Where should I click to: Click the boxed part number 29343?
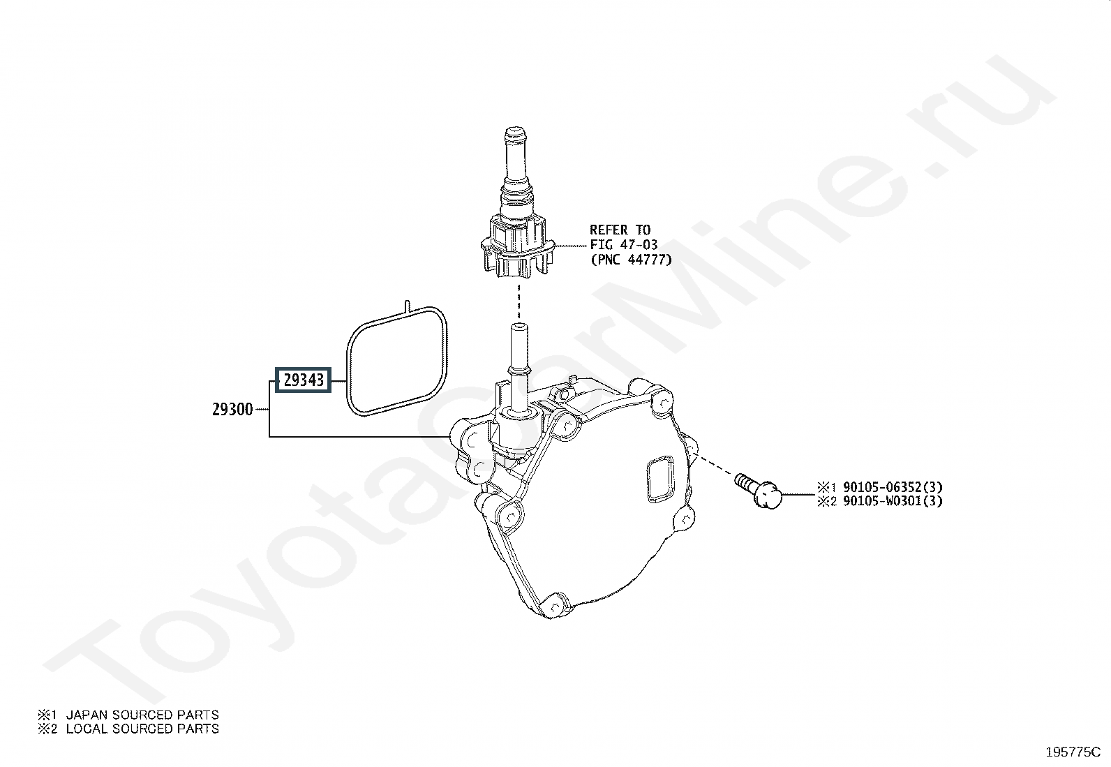tap(303, 380)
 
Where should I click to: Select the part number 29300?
tap(232, 410)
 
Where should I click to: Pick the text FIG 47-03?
tap(623, 245)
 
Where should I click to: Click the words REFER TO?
tap(620, 230)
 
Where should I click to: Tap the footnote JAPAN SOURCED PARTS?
tap(142, 715)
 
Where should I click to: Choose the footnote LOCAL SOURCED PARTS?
tap(142, 729)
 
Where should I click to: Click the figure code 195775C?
tap(1073, 752)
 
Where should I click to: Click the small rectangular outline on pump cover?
tap(659, 480)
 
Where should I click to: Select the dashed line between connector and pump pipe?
tap(518, 302)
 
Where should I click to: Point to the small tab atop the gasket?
tap(405, 306)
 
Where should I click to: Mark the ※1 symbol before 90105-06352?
tap(826, 487)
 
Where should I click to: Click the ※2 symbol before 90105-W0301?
tap(826, 501)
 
